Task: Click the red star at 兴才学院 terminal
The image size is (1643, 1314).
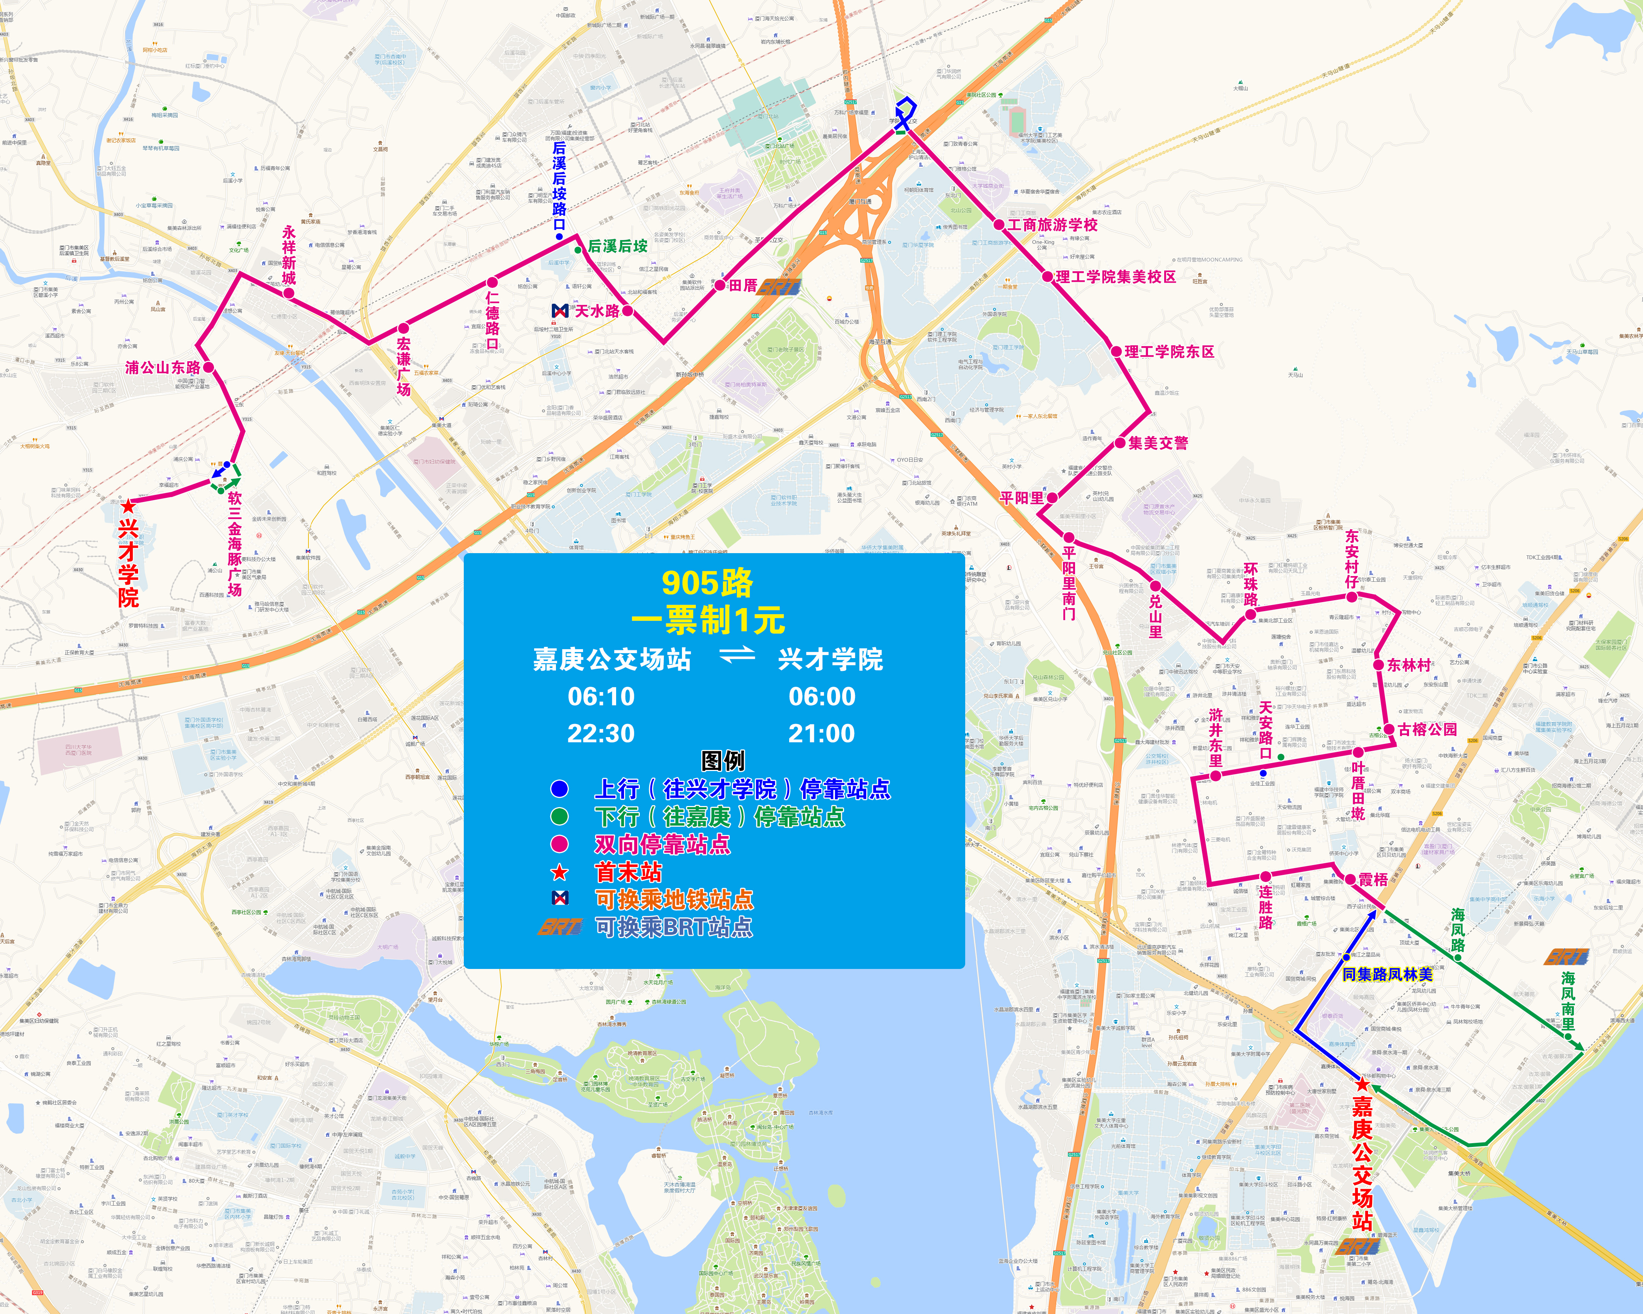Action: (x=128, y=505)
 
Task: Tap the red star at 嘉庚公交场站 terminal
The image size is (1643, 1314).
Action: (x=1362, y=1084)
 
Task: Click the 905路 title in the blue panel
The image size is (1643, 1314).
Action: (x=707, y=583)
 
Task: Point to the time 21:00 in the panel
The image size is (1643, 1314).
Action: (x=821, y=733)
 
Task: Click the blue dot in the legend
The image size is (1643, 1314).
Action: (x=559, y=788)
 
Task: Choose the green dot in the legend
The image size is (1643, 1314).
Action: (x=559, y=816)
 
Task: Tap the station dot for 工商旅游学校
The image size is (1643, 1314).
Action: (x=999, y=225)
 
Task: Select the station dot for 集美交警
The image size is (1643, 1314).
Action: (x=1120, y=443)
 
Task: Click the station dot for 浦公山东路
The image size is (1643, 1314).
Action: (x=208, y=367)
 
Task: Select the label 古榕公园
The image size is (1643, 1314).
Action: (x=1427, y=729)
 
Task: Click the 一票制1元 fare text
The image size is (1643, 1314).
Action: (x=707, y=620)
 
